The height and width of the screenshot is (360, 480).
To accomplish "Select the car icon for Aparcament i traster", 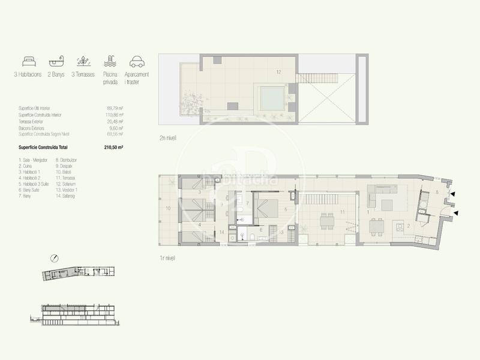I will (x=136, y=61).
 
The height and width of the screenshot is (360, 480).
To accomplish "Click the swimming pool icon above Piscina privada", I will (x=109, y=61).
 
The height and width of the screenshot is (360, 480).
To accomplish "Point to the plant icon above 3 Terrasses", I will (x=83, y=61).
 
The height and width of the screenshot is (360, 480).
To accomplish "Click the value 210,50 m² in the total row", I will (x=115, y=146).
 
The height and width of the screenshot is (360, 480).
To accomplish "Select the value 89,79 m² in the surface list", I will (x=115, y=109).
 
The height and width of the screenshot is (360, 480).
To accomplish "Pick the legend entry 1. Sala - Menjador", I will (x=34, y=160).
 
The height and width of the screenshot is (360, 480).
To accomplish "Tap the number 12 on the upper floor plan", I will (x=278, y=72).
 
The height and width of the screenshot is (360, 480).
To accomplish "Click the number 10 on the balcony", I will (x=168, y=208).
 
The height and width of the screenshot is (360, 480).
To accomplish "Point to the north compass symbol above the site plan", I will (x=55, y=258).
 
